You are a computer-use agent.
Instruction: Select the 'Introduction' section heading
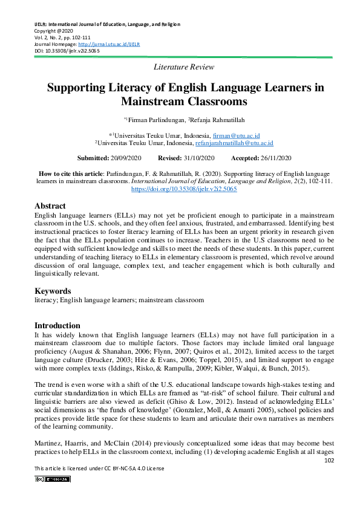[57, 325]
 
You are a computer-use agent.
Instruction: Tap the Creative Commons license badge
[53, 479]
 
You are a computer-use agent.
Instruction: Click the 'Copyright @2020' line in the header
[53, 31]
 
